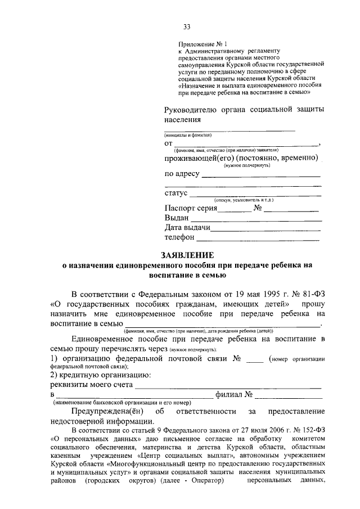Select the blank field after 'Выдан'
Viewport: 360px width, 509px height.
pos(256,218)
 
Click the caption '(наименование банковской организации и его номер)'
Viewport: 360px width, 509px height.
pos(121,403)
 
